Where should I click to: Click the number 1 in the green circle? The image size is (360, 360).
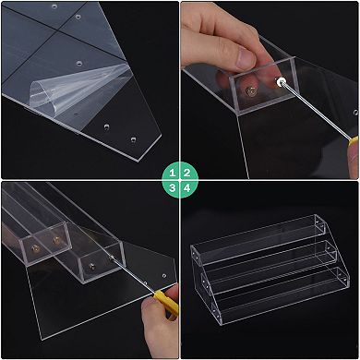click(171, 172)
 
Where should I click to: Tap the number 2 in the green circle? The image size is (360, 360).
click(188, 172)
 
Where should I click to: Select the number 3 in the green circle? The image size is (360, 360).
click(171, 188)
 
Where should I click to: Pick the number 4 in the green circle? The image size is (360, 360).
click(188, 188)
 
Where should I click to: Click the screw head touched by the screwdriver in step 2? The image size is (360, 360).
click(280, 82)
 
